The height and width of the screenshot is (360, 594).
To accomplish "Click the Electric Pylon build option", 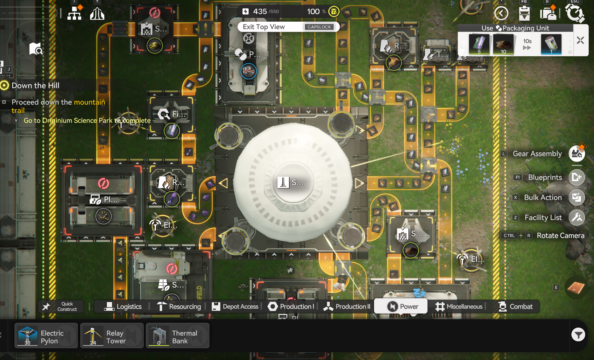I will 46,335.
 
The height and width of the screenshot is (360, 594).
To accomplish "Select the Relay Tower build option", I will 112,335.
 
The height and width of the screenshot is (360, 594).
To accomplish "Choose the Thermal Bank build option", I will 177,335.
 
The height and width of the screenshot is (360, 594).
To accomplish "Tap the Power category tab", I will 401,306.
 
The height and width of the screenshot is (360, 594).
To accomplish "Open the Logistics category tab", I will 123,306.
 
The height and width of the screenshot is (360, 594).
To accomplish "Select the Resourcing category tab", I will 179,306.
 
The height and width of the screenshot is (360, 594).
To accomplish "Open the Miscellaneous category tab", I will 459,306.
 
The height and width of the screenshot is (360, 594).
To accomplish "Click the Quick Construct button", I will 61,306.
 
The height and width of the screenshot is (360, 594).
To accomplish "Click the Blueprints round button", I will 576,177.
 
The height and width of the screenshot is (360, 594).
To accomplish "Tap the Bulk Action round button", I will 576,197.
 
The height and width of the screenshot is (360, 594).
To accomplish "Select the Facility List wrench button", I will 576,217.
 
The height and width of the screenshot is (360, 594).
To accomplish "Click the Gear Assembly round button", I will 576,154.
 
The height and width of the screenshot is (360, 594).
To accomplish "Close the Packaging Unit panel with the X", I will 580,40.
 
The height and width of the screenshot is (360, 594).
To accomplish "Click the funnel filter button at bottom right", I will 578,335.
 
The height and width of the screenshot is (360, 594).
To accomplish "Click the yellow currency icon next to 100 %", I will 334,12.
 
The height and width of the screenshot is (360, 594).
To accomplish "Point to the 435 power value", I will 260,12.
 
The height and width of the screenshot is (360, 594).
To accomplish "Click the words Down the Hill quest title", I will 35,86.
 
